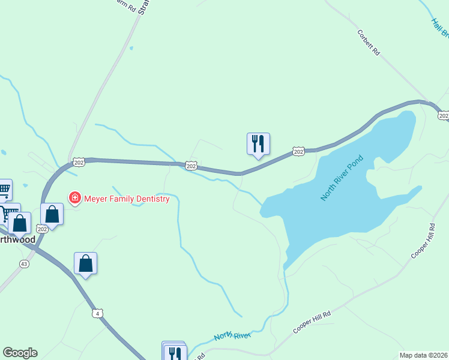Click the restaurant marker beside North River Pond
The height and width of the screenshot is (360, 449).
pos(258,144)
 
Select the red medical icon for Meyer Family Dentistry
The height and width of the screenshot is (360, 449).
pos(75,198)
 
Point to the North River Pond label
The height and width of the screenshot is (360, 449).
pos(343,178)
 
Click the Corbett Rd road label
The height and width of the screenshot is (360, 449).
pos(369,43)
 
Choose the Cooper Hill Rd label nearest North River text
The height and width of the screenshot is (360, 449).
pos(312,323)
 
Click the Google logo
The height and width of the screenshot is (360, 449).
pos(20,353)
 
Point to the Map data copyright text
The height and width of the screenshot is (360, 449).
pos(424,355)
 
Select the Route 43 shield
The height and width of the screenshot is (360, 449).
pos(24,264)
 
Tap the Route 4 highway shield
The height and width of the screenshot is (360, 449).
pos(98,313)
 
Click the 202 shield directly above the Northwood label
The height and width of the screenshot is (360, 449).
pos(42,229)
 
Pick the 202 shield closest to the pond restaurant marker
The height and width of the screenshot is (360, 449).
pos(298,152)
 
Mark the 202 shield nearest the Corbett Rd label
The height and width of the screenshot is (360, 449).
pos(443,115)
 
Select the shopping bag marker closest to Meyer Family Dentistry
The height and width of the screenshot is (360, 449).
pos(52,214)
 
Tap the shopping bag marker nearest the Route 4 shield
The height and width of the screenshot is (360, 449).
pos(86,263)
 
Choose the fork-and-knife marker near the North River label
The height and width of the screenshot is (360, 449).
pos(175,353)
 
